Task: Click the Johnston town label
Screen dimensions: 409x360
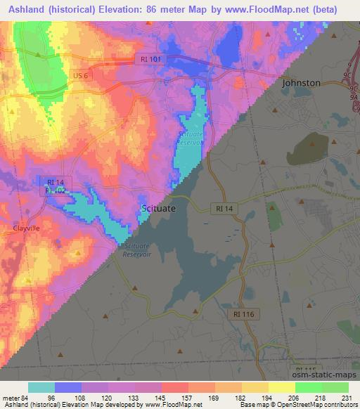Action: tap(301, 83)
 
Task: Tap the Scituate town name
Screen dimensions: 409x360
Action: tap(159, 209)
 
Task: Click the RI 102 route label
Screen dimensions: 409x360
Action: tap(56, 190)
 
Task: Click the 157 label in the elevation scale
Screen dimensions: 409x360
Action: tap(186, 398)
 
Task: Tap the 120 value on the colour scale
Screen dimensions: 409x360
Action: tap(107, 398)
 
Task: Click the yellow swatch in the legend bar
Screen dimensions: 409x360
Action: tap(281, 387)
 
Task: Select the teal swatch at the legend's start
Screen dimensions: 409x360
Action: tap(41, 387)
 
